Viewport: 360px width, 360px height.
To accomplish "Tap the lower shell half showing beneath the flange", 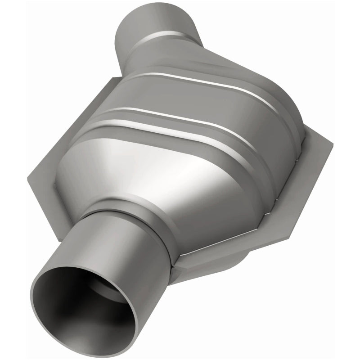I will point(211,265).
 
